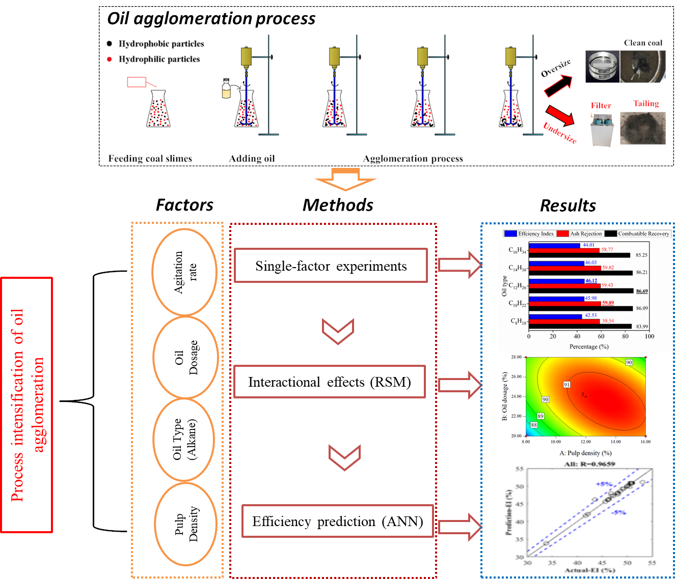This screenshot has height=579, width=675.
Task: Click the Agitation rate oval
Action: pos(184,272)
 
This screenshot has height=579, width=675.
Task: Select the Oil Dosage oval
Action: pos(185,357)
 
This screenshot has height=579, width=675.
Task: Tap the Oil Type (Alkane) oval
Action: pos(184,440)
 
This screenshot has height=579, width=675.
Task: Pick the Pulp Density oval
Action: pos(185,524)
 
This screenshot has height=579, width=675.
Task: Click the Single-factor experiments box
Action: pos(331,266)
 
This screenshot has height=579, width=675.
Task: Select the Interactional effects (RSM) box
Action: pos(329,382)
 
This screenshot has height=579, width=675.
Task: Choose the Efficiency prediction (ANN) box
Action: pos(337,521)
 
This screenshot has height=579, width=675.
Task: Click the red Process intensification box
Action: pos(26,405)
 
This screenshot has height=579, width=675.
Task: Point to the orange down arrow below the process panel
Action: pos(345,179)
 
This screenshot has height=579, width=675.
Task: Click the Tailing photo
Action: pos(642,128)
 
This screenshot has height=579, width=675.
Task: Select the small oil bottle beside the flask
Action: pos(226,89)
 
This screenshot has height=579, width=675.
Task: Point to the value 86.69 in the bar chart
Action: pos(641,291)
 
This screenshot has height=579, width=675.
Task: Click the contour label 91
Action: pos(566,385)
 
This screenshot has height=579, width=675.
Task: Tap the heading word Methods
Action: pos(338,205)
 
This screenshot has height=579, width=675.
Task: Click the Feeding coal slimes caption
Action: pos(150,159)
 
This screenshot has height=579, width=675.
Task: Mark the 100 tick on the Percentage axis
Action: pos(649,336)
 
